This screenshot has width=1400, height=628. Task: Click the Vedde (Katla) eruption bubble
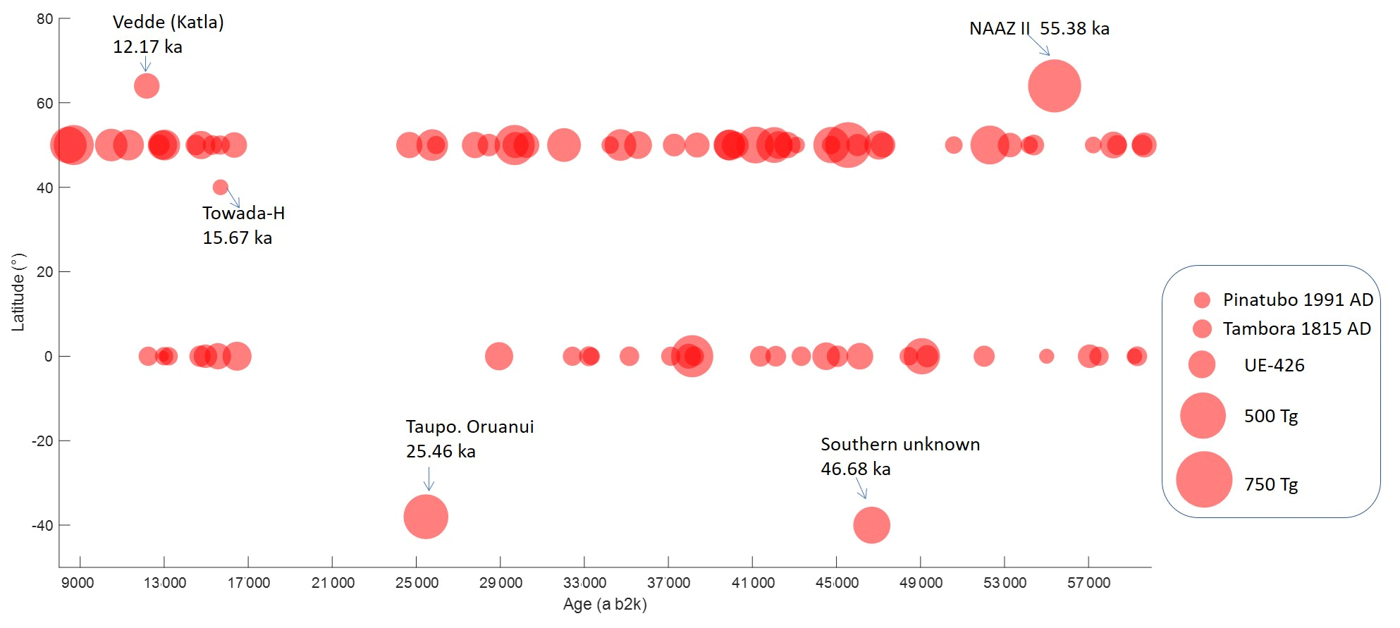(x=147, y=86)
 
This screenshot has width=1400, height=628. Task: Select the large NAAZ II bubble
(x=1054, y=86)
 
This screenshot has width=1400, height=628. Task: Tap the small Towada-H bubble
(x=220, y=187)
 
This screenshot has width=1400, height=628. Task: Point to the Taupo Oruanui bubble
(x=426, y=517)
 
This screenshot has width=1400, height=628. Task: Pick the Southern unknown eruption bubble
(x=871, y=525)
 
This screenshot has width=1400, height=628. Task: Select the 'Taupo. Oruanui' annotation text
(x=469, y=427)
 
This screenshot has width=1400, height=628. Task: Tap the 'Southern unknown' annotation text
(x=899, y=445)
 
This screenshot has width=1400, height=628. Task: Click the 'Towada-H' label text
(x=243, y=213)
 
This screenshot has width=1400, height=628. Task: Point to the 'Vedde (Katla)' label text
(x=168, y=23)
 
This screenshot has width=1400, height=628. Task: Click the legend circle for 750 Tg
(x=1204, y=480)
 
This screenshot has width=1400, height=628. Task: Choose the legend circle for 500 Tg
(x=1203, y=416)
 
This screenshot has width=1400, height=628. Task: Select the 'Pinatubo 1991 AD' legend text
(x=1298, y=300)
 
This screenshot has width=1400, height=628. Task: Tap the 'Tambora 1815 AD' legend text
(x=1296, y=329)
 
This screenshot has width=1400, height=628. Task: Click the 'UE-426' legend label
(x=1274, y=365)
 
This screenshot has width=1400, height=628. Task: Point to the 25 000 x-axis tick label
(x=417, y=583)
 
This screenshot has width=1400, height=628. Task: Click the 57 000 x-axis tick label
(x=1088, y=583)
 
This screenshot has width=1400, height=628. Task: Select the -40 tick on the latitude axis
(x=42, y=526)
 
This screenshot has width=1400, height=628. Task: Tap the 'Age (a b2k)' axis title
(x=605, y=604)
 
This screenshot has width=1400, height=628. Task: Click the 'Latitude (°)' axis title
(x=18, y=292)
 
